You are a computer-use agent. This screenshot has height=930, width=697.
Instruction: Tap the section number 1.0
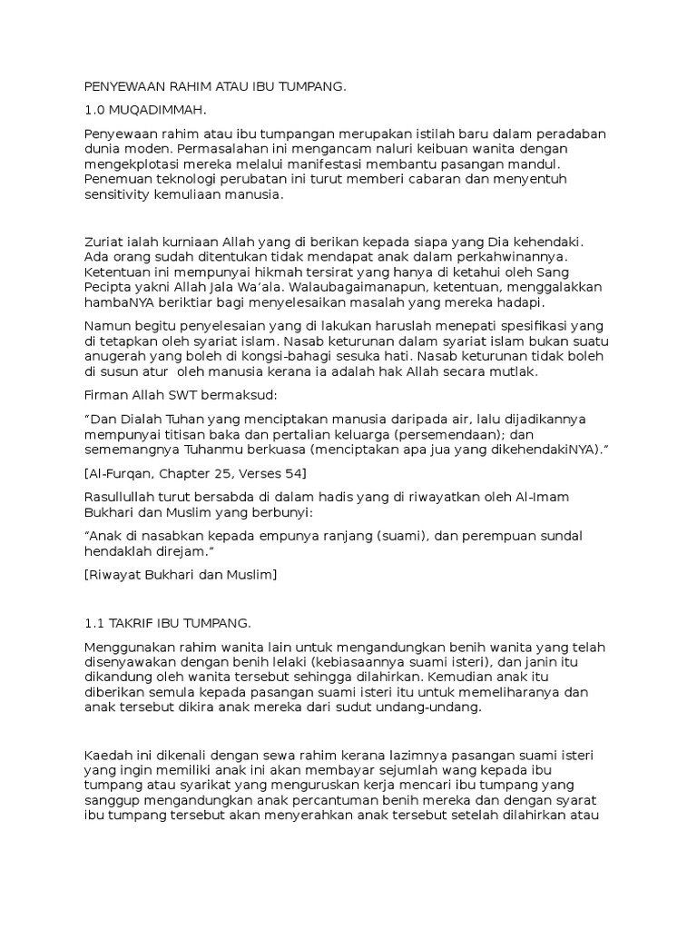[x=95, y=111]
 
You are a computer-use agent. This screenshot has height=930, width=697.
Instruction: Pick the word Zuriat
[x=103, y=243]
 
